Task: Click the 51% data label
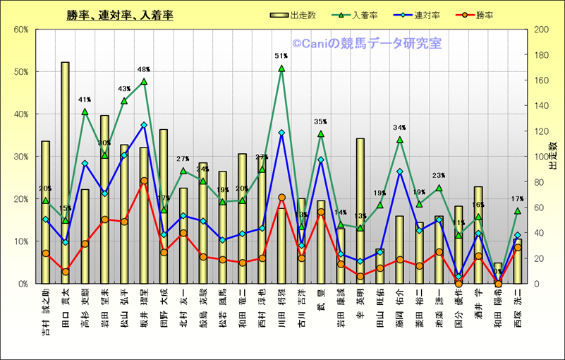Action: click(281, 56)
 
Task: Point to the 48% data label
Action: click(144, 69)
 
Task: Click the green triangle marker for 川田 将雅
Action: click(281, 68)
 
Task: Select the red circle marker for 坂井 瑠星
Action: click(144, 181)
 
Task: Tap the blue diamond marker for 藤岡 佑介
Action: click(400, 172)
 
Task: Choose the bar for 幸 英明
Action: click(360, 212)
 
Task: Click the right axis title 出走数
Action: click(554, 156)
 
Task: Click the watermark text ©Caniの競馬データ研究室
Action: click(367, 44)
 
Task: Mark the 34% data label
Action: click(400, 128)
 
